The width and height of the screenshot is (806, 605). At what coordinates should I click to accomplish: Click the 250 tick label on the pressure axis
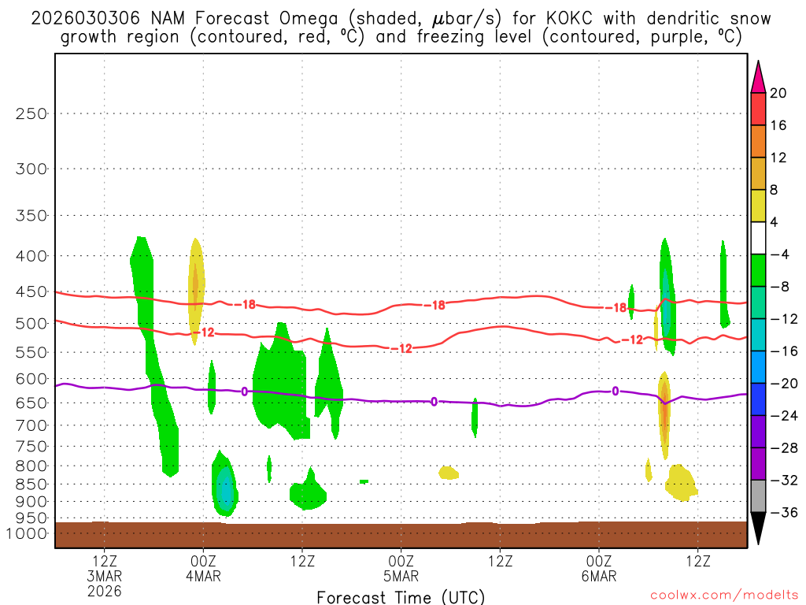(x=31, y=113)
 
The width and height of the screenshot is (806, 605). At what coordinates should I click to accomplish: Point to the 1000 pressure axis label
(x=29, y=533)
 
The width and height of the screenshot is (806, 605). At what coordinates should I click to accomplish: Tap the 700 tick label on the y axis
(x=31, y=425)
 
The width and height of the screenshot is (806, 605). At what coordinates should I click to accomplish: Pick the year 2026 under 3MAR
(x=105, y=590)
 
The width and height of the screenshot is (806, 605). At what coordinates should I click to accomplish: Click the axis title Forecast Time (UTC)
(x=401, y=596)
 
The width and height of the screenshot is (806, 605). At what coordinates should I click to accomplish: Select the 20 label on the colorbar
(x=778, y=93)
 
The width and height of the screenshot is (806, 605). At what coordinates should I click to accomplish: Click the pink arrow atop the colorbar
(x=757, y=77)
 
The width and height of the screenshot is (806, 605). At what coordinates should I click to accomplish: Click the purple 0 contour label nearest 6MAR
(x=615, y=391)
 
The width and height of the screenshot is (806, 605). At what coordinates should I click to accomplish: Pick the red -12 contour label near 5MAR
(x=404, y=348)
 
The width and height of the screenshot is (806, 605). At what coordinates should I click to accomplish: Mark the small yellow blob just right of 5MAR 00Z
(x=449, y=473)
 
